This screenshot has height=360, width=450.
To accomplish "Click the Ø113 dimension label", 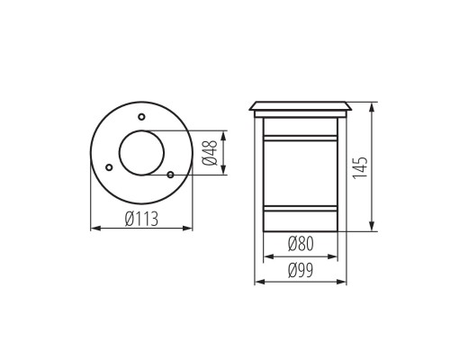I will point(141,218).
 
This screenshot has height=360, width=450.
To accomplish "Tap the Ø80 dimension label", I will point(301,244).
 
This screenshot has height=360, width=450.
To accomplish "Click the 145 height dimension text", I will point(362,168).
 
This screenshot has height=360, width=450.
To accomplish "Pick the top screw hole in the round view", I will point(140,116).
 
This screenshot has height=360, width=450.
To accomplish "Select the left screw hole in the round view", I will point(109,166).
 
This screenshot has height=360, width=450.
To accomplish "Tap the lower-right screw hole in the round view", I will point(170,173).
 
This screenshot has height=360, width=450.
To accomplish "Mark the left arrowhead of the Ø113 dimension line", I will point(94,229).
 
